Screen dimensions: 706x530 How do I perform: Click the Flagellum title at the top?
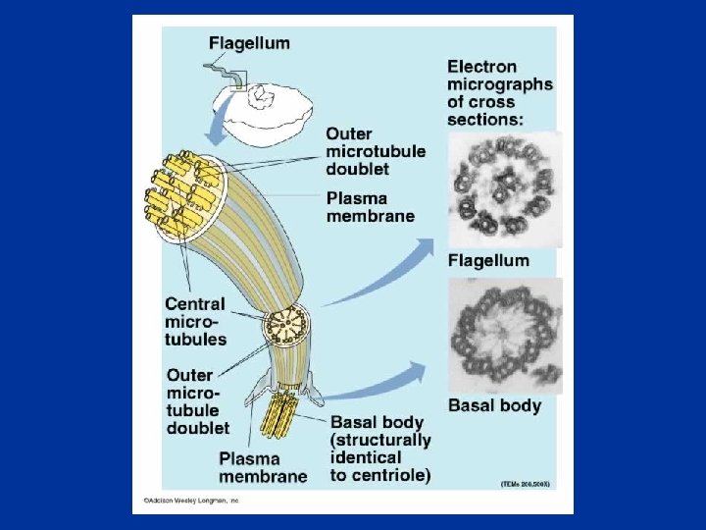[x=248, y=43]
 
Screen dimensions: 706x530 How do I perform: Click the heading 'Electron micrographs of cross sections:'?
[x=499, y=92]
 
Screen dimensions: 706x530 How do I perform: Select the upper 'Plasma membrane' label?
[x=370, y=207]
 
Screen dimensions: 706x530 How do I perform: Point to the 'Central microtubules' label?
[x=195, y=321]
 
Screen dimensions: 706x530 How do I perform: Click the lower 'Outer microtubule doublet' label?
[x=197, y=400]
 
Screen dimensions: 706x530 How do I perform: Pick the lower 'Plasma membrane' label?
[x=263, y=467]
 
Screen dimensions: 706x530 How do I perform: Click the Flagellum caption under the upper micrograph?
[x=488, y=261]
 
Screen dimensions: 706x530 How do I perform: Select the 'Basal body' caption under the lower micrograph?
[x=494, y=405]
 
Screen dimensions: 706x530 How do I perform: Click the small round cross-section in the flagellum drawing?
[x=287, y=321]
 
